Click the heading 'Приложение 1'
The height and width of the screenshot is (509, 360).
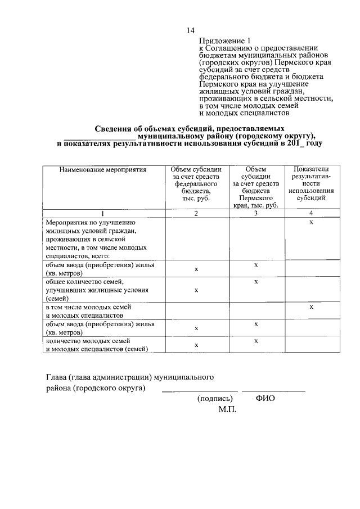tap(223, 40)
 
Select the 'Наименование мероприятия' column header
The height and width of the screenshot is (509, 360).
tap(103, 169)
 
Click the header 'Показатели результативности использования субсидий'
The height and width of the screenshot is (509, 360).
tap(310, 183)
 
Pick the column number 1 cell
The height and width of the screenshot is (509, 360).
tap(103, 213)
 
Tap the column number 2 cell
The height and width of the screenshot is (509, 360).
tap(196, 213)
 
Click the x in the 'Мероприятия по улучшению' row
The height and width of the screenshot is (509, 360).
tap(311, 223)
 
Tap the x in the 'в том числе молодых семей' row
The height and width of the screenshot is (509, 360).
tap(311, 307)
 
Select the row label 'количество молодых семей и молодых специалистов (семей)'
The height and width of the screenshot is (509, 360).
tap(97, 345)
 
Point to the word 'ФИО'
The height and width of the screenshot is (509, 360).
tap(265, 398)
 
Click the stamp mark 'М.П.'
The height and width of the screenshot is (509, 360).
tap(228, 409)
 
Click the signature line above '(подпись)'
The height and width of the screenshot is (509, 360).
tap(200, 391)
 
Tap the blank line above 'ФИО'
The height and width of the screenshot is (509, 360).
tap(274, 391)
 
